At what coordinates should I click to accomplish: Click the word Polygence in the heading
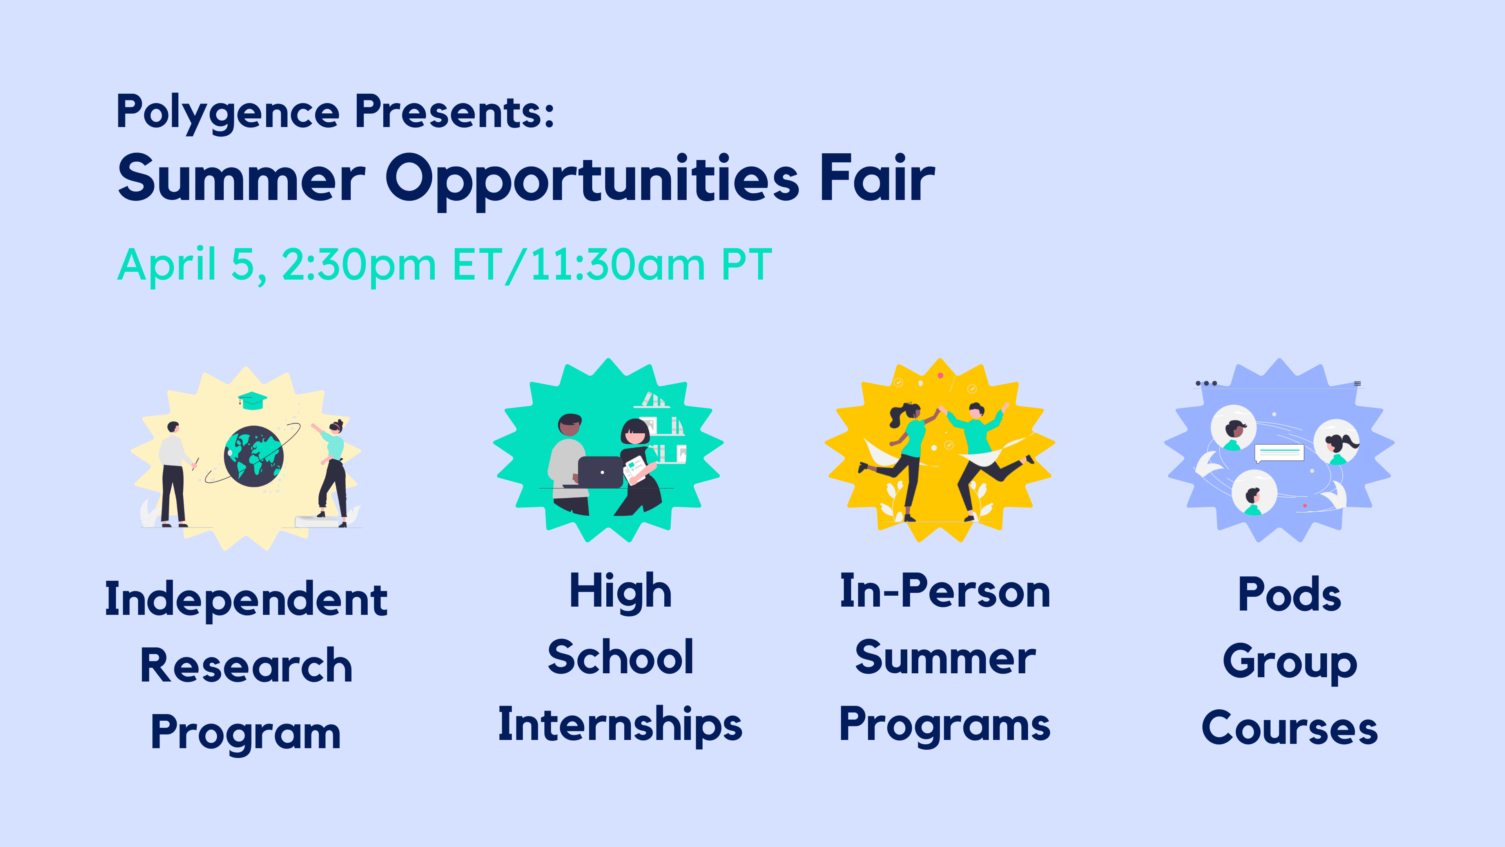tap(228, 113)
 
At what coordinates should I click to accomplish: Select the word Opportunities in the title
tap(592, 181)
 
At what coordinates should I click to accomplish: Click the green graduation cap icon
tap(252, 400)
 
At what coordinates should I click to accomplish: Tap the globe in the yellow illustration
tap(254, 456)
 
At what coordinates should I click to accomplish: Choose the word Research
tap(246, 666)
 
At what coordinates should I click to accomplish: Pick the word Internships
tap(620, 725)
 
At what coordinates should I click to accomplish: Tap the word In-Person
tap(945, 592)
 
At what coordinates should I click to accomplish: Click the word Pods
tap(1289, 594)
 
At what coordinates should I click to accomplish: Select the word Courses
tap(1289, 728)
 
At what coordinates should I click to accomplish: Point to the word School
tap(620, 657)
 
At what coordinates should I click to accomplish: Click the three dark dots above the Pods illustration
tap(1206, 384)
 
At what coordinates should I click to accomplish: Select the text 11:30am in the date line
tap(618, 265)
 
